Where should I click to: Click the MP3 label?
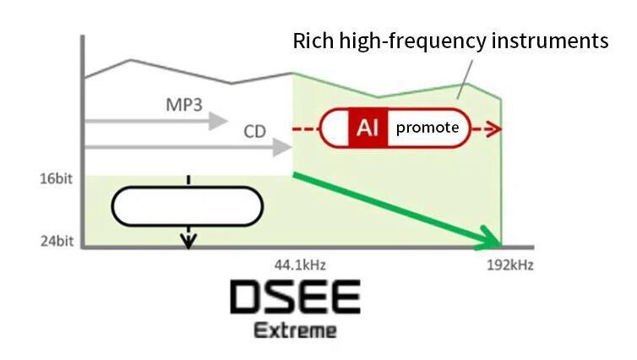click(x=184, y=105)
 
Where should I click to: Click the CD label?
click(x=255, y=131)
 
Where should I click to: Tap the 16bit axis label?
click(x=56, y=179)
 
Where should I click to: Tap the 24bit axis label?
click(x=57, y=241)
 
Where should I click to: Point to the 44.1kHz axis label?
click(x=300, y=265)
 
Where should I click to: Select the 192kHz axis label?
click(x=509, y=265)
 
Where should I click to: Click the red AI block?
click(x=368, y=128)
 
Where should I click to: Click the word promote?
click(x=427, y=128)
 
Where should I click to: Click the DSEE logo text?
click(x=295, y=297)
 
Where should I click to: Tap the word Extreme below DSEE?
click(x=296, y=330)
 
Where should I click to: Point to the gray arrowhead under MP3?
click(x=217, y=121)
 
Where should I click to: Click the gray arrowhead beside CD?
click(x=282, y=147)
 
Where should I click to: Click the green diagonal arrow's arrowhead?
click(x=489, y=238)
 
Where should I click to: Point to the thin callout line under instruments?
click(x=465, y=79)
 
